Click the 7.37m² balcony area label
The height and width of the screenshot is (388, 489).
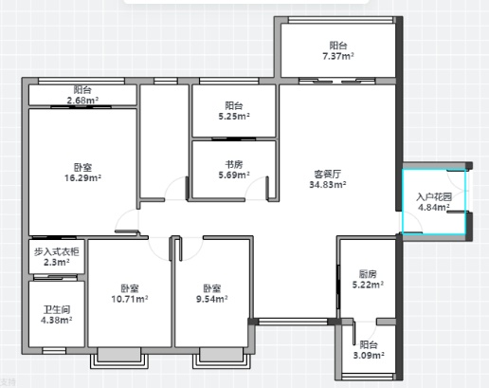(338, 56)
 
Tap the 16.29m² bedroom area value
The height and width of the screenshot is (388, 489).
(82, 178)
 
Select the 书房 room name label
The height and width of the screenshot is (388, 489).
(234, 164)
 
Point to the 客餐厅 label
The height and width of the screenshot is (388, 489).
(328, 174)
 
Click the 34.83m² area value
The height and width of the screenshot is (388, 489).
(328, 185)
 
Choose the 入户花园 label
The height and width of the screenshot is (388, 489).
(434, 197)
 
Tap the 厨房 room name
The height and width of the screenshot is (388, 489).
(368, 274)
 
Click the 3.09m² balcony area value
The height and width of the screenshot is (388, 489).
(369, 356)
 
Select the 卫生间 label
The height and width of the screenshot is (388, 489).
(57, 309)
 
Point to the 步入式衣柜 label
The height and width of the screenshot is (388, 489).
(57, 251)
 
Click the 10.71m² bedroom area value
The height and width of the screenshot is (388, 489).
(130, 299)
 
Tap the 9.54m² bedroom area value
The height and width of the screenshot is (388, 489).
(212, 299)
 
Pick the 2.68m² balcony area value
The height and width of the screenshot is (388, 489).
(82, 101)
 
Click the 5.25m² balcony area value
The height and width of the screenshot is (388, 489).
(234, 117)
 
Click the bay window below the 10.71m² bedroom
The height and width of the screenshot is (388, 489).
(119, 358)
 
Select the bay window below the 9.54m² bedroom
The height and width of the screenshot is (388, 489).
(222, 358)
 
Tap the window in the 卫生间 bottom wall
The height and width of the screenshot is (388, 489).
(54, 351)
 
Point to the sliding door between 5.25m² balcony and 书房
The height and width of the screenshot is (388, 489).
(234, 139)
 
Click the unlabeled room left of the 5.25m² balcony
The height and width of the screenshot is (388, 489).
(164, 141)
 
